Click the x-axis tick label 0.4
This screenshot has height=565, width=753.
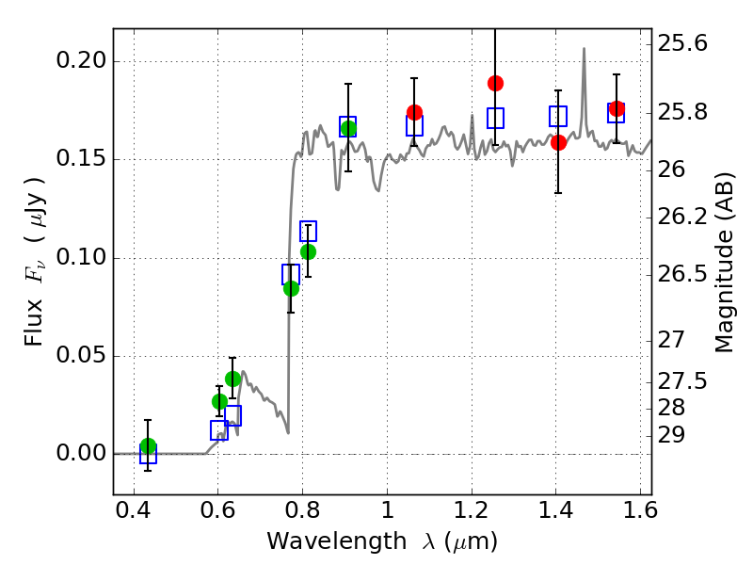tap(134, 509)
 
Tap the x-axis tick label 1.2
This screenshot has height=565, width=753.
tap(472, 509)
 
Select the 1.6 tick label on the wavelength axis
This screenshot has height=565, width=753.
tap(640, 509)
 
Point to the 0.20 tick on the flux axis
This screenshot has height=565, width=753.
tap(81, 61)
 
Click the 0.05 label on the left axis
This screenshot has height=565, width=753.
tap(81, 356)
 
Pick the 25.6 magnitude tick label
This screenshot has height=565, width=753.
tap(681, 43)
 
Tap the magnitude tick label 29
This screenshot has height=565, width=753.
tap(671, 435)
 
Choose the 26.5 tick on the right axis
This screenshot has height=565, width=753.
tap(681, 275)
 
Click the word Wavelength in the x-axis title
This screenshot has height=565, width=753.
tap(337, 541)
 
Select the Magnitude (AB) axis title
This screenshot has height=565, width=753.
tap(724, 263)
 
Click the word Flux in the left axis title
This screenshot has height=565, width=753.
tap(34, 323)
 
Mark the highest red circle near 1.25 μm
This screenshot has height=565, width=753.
tap(495, 84)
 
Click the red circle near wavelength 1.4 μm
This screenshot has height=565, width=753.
tap(558, 142)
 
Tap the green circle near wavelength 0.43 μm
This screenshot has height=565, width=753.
tap(149, 445)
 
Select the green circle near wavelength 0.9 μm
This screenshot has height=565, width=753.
tap(348, 129)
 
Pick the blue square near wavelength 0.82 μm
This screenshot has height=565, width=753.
tap(308, 231)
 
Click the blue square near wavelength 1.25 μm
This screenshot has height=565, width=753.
tap(495, 119)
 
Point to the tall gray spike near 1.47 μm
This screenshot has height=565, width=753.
tap(584, 91)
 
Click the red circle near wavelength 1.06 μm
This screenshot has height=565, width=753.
tap(414, 112)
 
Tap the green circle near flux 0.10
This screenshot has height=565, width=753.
tap(308, 251)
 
